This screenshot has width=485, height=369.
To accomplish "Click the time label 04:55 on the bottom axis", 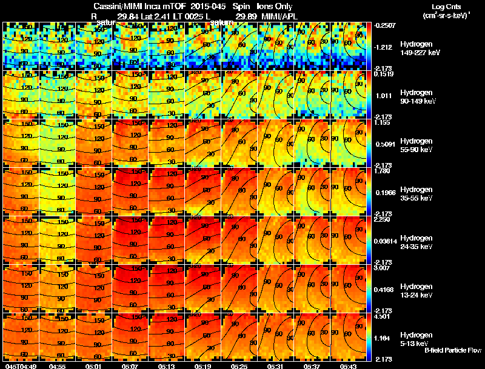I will coord(58,365).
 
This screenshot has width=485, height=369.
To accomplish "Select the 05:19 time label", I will coord(203,365).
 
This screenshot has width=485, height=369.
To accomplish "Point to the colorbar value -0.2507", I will coord(385,25).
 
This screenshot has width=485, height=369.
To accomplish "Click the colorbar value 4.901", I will coord(384,316).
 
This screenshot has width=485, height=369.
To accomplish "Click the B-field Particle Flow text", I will coord(452,350).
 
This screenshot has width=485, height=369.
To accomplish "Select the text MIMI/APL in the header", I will coord(276,15).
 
